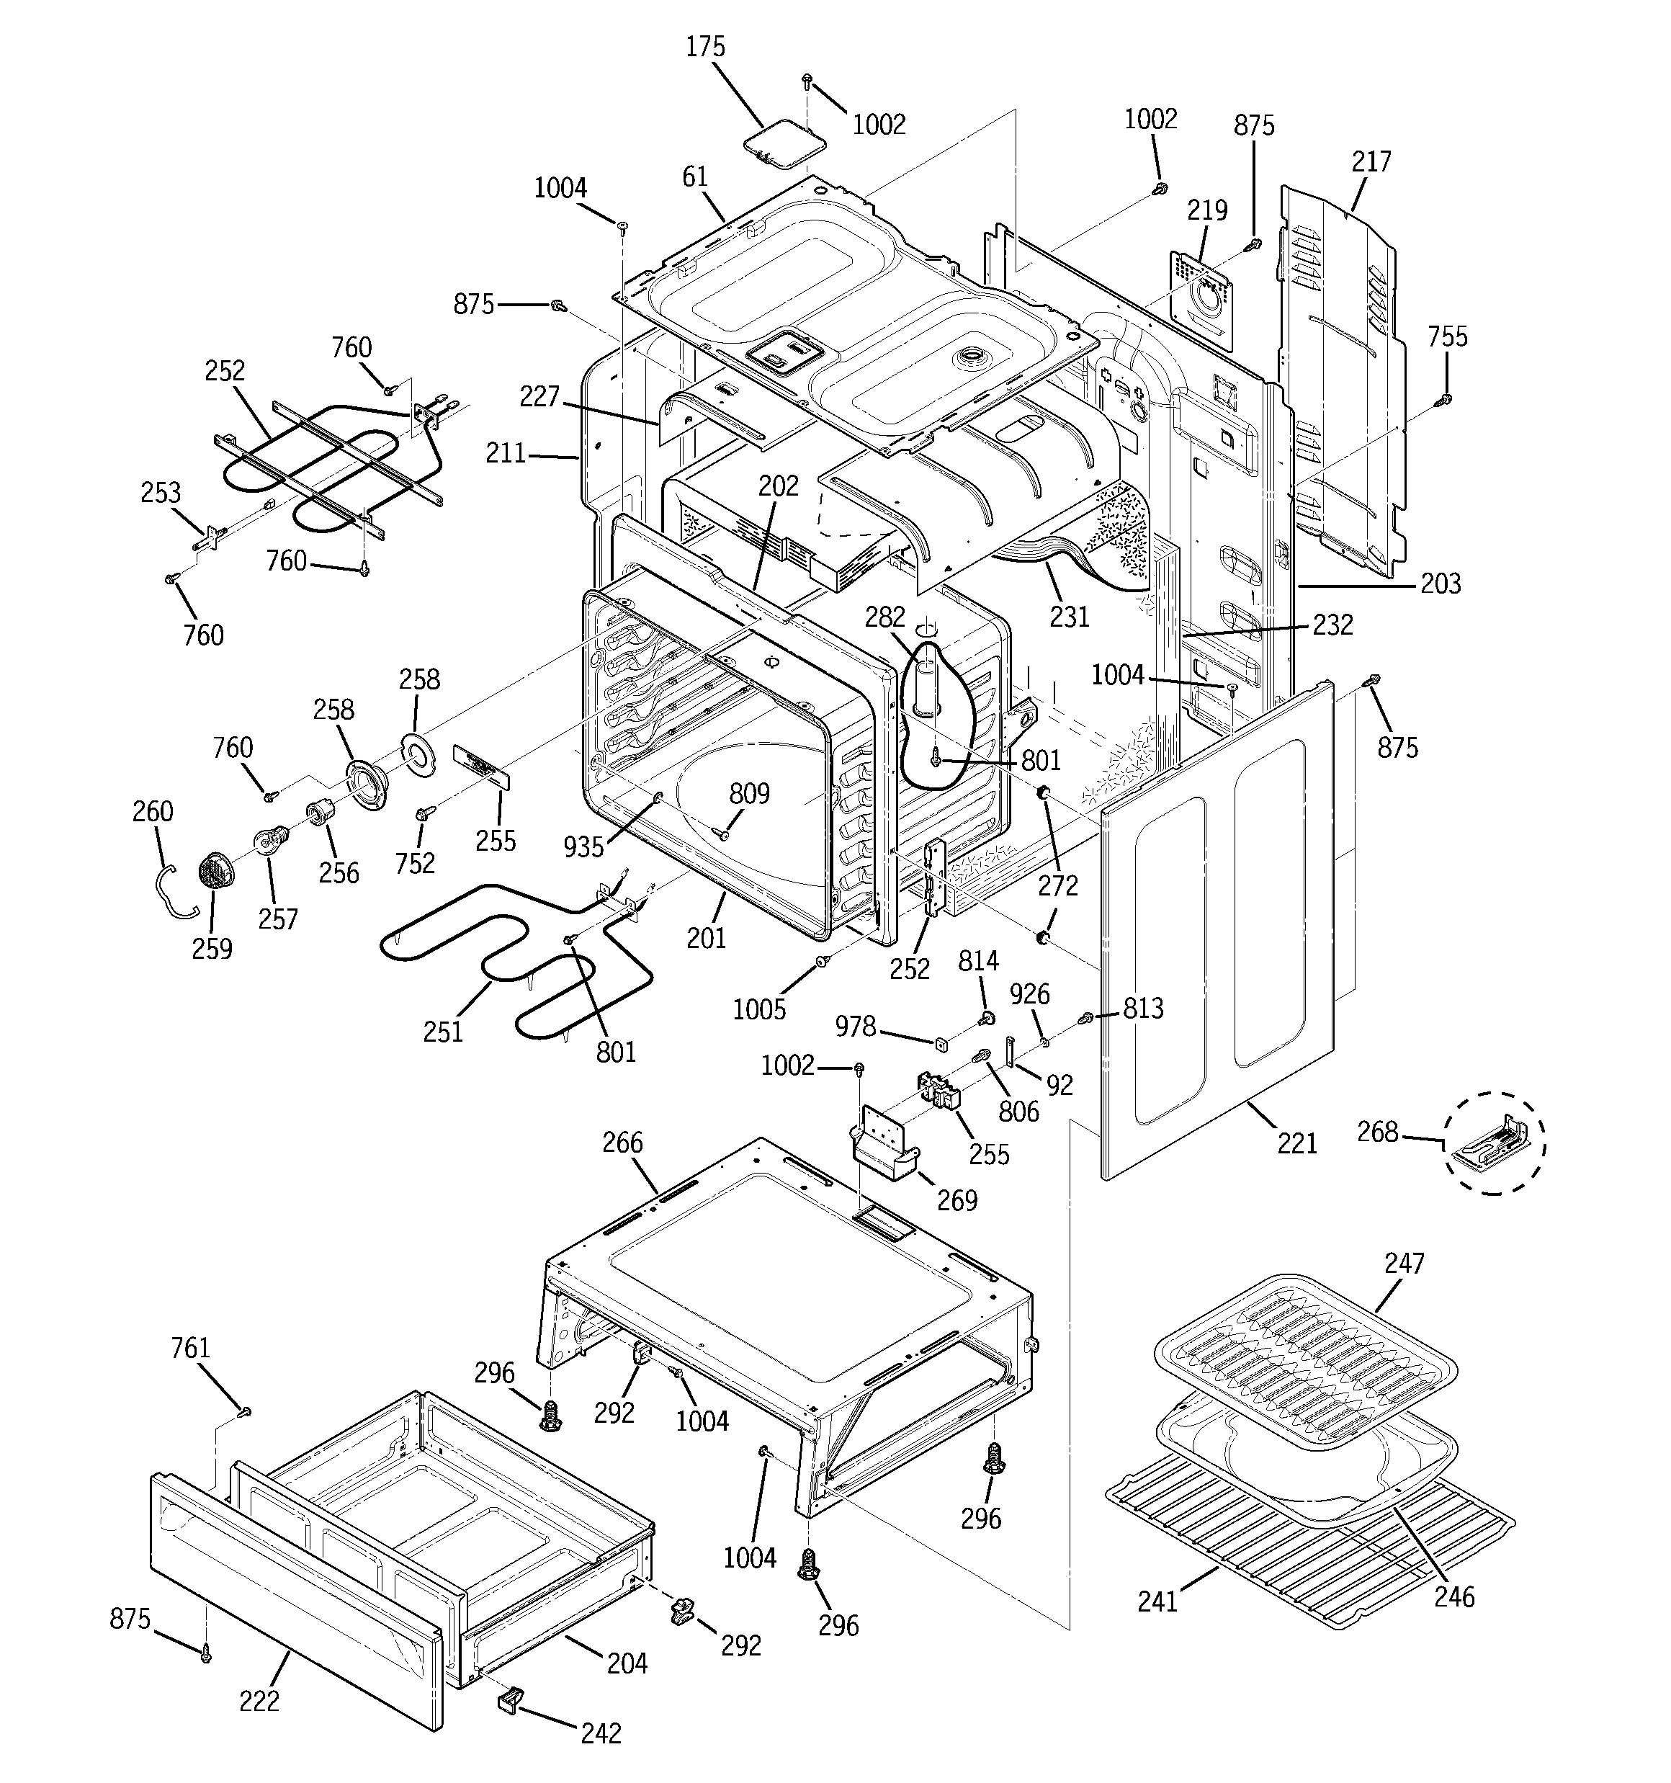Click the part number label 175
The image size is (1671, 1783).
click(705, 47)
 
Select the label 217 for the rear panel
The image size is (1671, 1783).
click(1371, 161)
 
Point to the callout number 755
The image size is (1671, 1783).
click(1447, 336)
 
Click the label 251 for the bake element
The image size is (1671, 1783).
click(443, 1032)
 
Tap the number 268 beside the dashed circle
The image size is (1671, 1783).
click(1378, 1132)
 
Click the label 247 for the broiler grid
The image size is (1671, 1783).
click(1404, 1263)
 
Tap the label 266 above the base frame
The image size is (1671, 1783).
click(622, 1142)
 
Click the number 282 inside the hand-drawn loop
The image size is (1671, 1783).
click(885, 617)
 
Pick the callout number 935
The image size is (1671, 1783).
click(584, 846)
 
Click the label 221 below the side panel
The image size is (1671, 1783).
click(1297, 1143)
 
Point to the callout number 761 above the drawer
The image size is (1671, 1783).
click(190, 1348)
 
